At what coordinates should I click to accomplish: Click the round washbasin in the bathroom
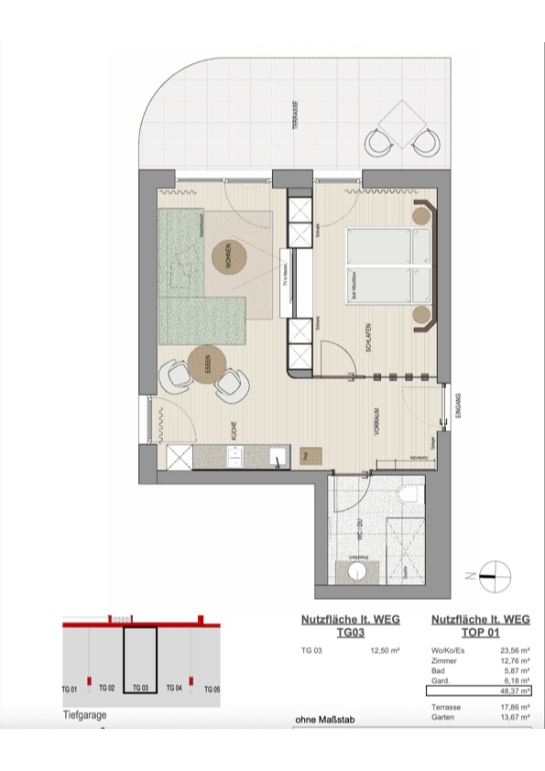[357, 572]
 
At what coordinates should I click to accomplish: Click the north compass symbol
[492, 575]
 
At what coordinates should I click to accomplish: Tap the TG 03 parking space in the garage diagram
[140, 658]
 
